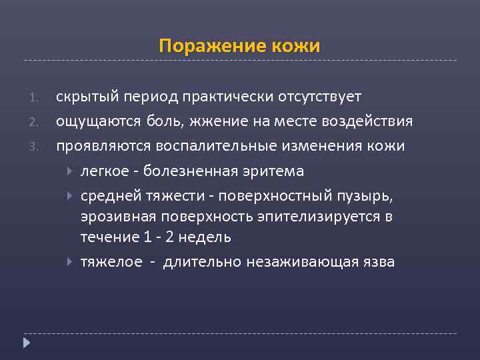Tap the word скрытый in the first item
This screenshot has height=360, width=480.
pos(83,97)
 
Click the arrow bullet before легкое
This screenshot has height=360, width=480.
pos(71,171)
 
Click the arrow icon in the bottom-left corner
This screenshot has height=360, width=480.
pos(26,343)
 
